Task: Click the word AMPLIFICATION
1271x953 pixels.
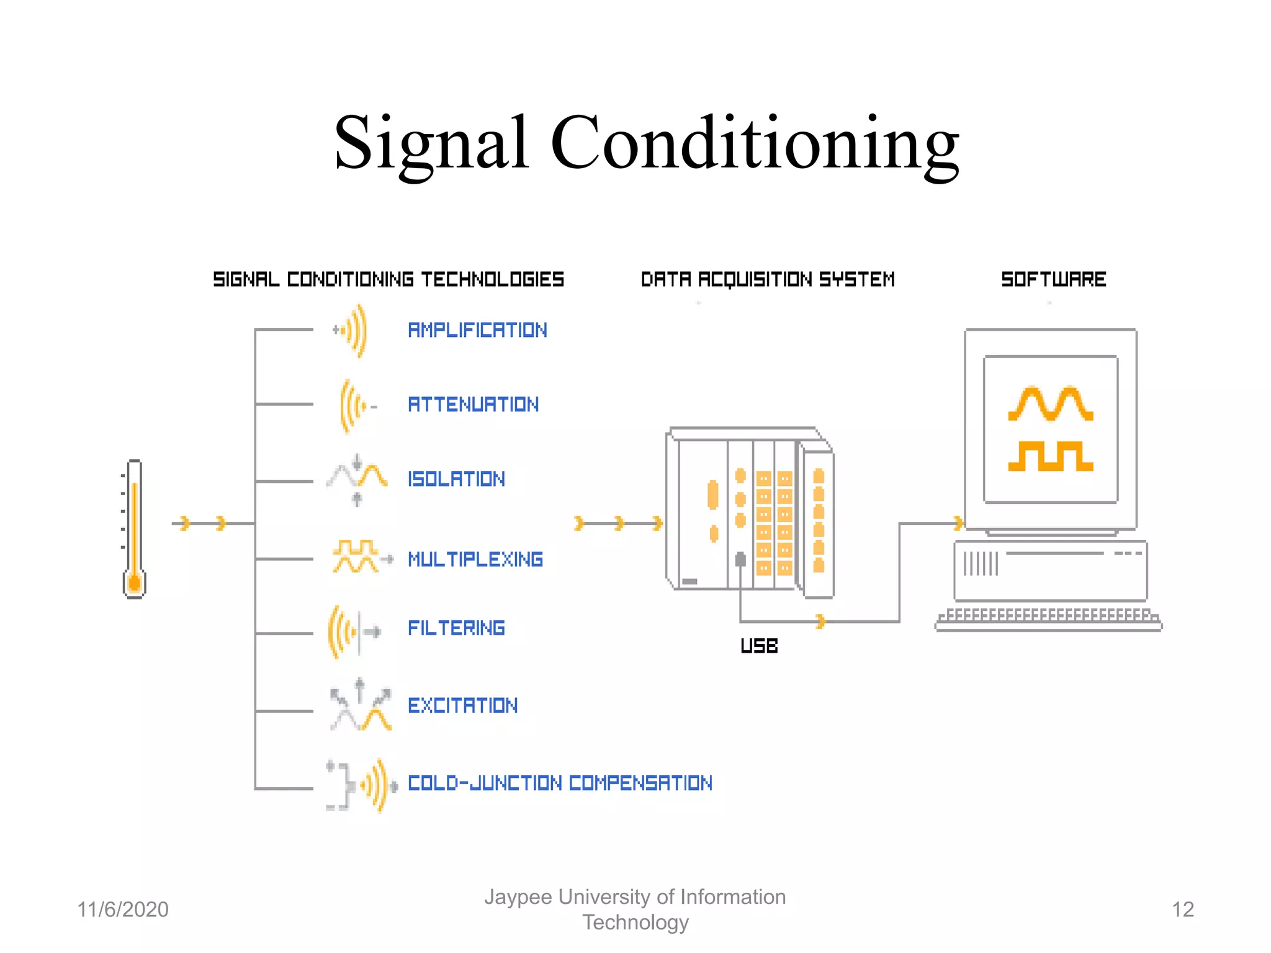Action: pyautogui.click(x=477, y=330)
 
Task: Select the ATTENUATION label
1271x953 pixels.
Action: pyautogui.click(x=473, y=405)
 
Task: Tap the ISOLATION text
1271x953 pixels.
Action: pyautogui.click(x=456, y=479)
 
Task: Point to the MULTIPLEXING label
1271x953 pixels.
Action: pyautogui.click(x=475, y=559)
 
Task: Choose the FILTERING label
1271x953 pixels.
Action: pyautogui.click(x=456, y=628)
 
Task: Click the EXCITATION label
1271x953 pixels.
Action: pyautogui.click(x=462, y=705)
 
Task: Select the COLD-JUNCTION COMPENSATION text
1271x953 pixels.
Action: pyautogui.click(x=560, y=783)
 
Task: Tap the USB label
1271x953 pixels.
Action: pyautogui.click(x=759, y=646)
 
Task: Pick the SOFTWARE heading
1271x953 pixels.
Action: pyautogui.click(x=1053, y=279)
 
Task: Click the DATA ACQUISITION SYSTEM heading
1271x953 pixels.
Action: pyautogui.click(x=768, y=279)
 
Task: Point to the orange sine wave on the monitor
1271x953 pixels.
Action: pyautogui.click(x=1050, y=404)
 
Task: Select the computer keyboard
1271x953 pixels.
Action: pyautogui.click(x=1048, y=619)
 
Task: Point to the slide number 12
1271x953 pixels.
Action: pyautogui.click(x=1182, y=910)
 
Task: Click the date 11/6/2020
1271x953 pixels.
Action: pyautogui.click(x=123, y=910)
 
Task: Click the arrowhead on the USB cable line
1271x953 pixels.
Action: pyautogui.click(x=820, y=621)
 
